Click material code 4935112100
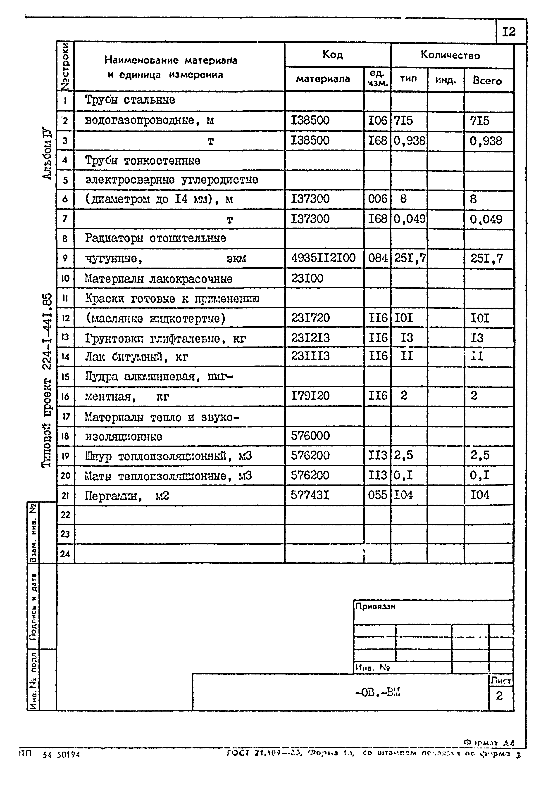323,258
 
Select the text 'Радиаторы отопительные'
155,238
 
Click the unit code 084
378,258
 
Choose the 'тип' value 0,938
409,141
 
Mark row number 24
65,554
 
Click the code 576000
310,436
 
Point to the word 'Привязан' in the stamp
375,606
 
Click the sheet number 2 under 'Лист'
499,696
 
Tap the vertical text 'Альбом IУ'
47,154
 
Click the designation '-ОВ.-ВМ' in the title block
378,693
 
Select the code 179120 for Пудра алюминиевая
310,396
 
